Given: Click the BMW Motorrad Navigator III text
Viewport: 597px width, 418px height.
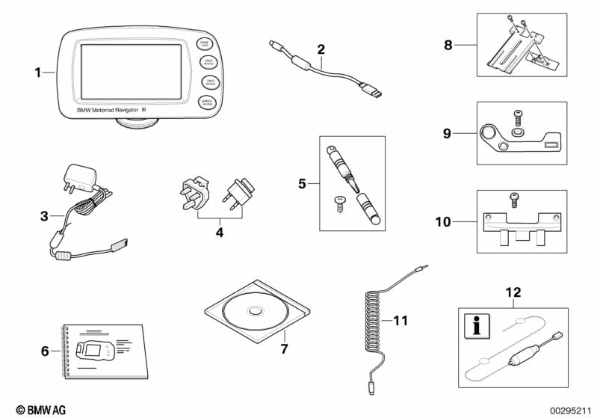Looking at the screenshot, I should [x=123, y=109].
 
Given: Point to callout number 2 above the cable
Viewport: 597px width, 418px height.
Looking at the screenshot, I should [x=321, y=50].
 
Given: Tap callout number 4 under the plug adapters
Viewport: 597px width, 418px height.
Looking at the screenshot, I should [x=219, y=233].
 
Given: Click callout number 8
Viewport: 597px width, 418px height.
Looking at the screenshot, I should [x=448, y=45].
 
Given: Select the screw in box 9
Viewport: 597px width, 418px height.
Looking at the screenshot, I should [x=517, y=119].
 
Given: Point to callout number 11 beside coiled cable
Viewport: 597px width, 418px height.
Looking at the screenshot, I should [x=402, y=321].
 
